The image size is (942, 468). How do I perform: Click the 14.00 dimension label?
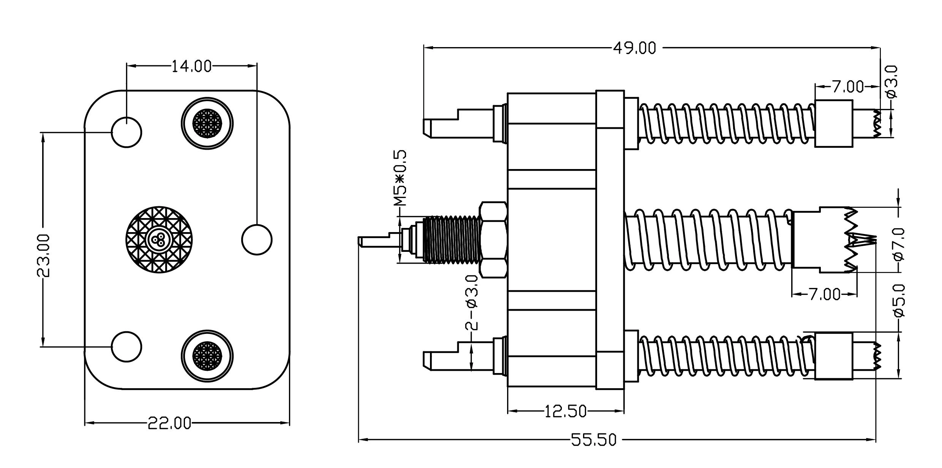click(191, 66)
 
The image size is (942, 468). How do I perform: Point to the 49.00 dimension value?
click(635, 48)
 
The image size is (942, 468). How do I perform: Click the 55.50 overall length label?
click(594, 440)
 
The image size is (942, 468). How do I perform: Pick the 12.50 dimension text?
click(566, 411)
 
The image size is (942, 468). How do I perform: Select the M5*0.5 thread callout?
click(400, 178)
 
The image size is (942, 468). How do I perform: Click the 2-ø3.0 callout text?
click(472, 302)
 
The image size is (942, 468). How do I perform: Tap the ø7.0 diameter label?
click(899, 244)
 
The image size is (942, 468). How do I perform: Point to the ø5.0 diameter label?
click(899, 300)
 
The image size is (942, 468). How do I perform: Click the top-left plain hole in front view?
click(126, 132)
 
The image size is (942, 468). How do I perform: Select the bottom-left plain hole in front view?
click(126, 346)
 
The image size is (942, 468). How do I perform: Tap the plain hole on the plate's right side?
click(257, 240)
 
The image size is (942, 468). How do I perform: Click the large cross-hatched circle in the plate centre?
click(159, 240)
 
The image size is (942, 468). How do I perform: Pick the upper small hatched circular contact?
click(207, 123)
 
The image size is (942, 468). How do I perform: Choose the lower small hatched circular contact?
click(207, 356)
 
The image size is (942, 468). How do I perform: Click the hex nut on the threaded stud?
click(493, 240)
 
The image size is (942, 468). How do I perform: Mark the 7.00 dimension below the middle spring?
click(824, 294)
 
